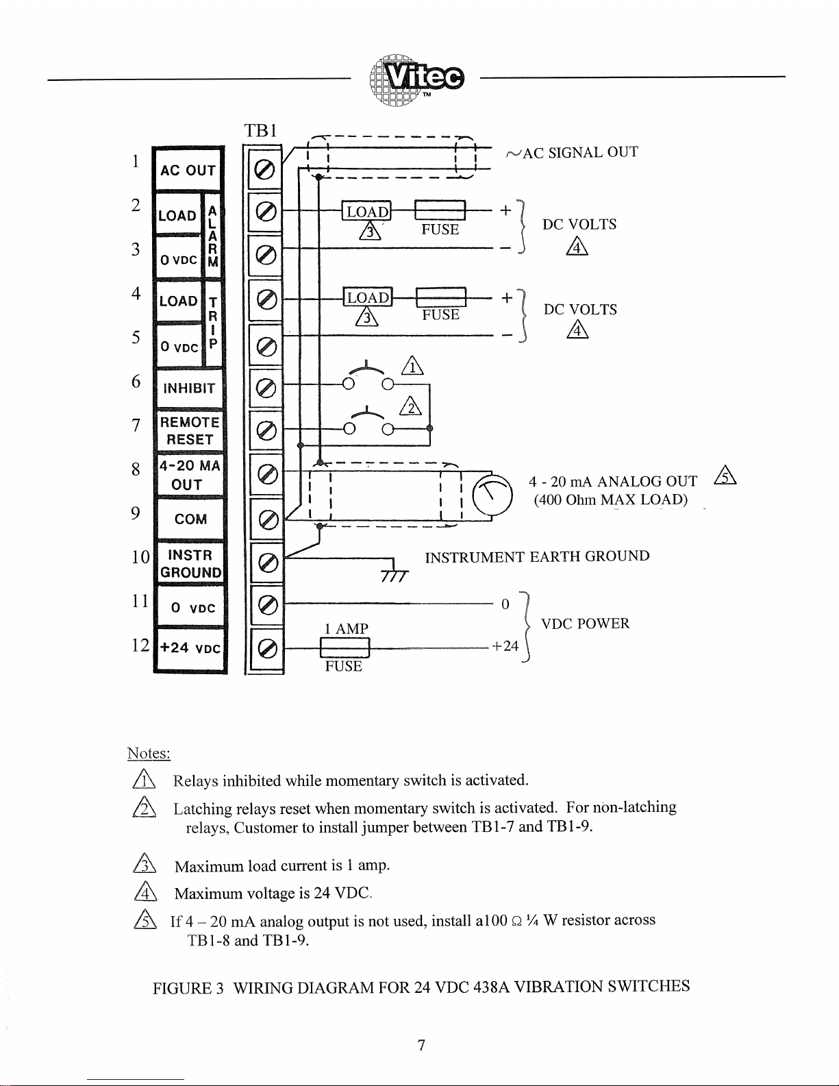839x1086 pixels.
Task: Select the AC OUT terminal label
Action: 188,170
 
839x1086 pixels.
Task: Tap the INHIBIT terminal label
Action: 189,388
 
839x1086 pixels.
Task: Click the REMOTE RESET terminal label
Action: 190,431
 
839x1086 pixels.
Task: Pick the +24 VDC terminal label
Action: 190,647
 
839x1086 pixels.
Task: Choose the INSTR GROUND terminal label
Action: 190,564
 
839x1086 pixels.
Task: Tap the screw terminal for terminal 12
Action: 268,648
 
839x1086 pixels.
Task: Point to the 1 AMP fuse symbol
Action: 345,647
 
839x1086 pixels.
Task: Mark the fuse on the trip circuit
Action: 440,298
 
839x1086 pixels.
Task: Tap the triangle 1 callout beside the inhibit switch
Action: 412,367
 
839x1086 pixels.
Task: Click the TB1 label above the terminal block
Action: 260,130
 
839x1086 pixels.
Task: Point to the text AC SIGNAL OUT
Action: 579,153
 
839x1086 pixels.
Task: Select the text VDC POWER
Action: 585,624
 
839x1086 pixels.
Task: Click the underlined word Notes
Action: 149,753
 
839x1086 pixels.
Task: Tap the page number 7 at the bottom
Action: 422,1046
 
